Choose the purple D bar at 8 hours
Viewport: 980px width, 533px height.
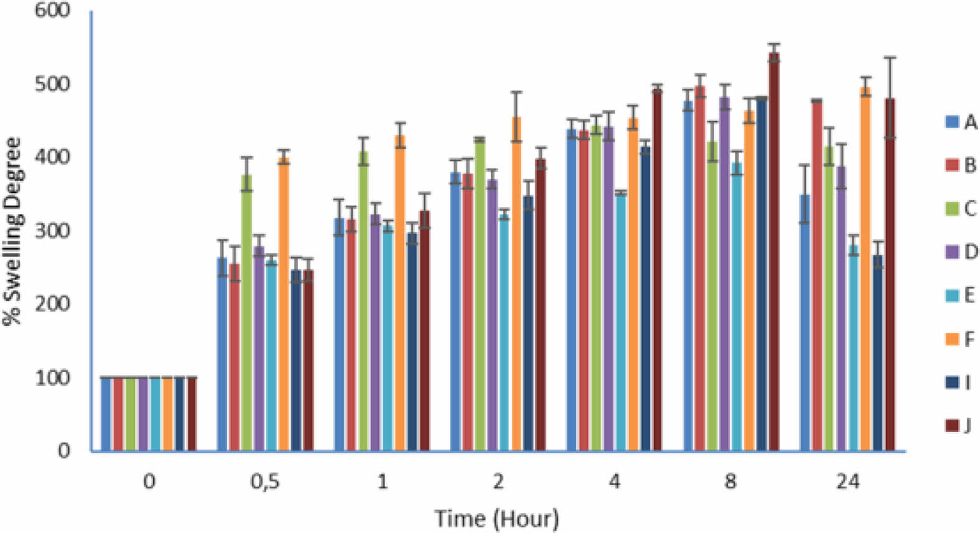[725, 274]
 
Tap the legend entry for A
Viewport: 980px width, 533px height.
[961, 122]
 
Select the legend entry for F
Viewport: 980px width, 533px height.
[961, 340]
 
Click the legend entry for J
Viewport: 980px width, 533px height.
[961, 426]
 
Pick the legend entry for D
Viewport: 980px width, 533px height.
[961, 252]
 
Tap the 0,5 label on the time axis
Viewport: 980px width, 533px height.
[265, 482]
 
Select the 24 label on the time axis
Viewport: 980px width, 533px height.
[847, 482]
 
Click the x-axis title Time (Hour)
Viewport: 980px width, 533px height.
[497, 518]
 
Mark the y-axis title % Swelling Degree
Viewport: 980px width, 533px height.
[12, 231]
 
